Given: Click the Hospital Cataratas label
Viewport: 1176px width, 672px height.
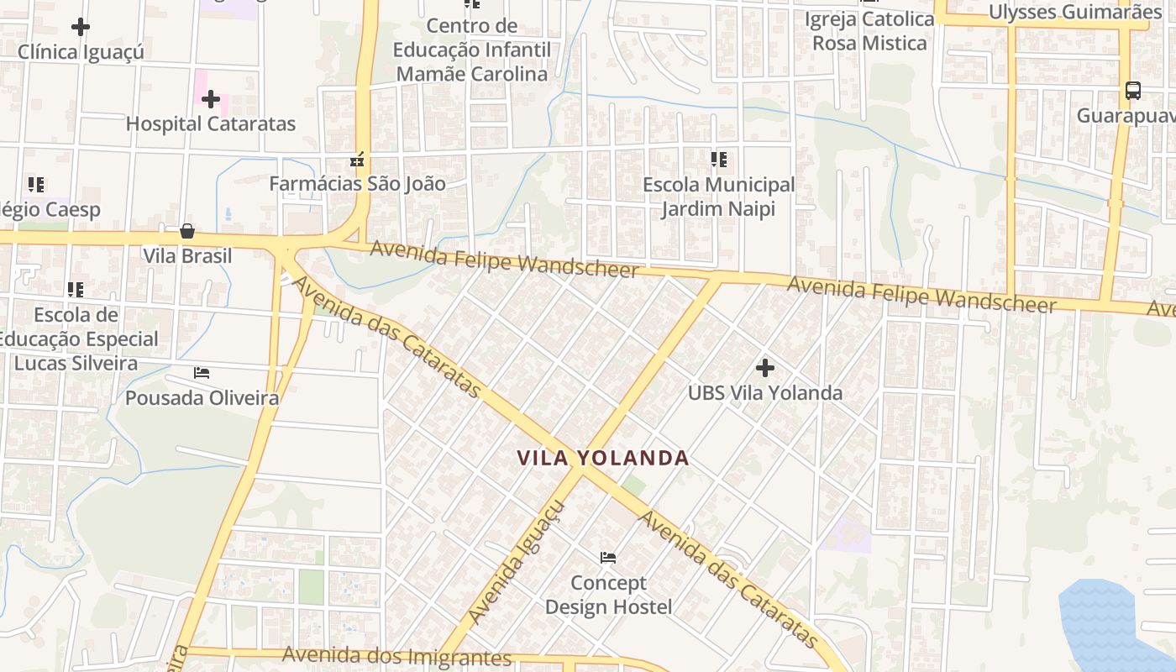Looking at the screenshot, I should (x=211, y=123).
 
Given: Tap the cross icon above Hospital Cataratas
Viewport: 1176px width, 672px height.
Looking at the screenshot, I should (x=210, y=99).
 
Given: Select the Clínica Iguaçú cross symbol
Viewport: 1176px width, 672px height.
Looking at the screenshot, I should (x=81, y=27).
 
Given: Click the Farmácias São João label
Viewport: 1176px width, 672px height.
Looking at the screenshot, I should (x=357, y=183).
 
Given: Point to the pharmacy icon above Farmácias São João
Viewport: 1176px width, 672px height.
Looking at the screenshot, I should (x=357, y=159).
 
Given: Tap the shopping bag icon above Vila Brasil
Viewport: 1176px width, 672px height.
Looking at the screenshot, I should (x=186, y=231).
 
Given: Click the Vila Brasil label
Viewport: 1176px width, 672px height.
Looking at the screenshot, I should (x=187, y=255).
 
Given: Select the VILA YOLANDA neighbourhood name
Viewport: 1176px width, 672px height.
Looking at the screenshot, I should (x=603, y=458).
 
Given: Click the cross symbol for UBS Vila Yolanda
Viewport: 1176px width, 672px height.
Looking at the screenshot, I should (x=764, y=367).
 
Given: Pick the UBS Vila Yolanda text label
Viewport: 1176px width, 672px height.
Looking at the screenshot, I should (x=764, y=392).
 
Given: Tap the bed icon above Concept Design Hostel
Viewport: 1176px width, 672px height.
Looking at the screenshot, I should (x=608, y=557).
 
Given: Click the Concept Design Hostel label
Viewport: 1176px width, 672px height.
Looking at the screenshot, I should (x=608, y=595).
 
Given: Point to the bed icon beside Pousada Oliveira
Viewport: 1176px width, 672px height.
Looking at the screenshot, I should (x=202, y=372).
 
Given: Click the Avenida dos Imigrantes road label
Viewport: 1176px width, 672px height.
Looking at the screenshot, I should (x=396, y=655).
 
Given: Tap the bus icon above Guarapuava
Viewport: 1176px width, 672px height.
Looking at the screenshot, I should (x=1132, y=90).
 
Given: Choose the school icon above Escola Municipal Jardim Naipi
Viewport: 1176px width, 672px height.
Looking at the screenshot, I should (x=718, y=159).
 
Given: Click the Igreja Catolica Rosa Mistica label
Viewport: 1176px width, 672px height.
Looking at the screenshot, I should (x=869, y=30).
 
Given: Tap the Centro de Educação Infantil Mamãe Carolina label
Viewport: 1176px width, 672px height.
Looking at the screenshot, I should (x=472, y=50).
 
